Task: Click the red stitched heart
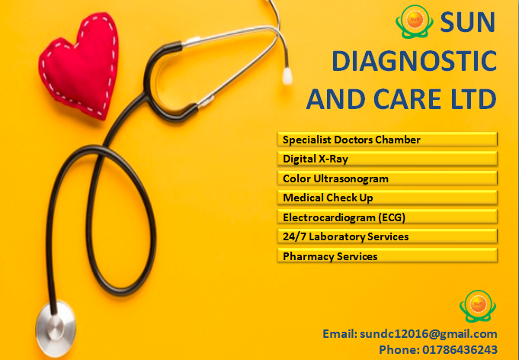(x=79, y=65)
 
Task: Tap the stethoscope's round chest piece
(x=56, y=328)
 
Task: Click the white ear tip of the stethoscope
(x=287, y=76)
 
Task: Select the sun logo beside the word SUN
(x=415, y=21)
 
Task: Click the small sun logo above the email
(x=478, y=306)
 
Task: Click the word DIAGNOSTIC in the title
(x=414, y=61)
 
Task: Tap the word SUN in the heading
(x=467, y=22)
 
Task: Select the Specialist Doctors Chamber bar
(x=387, y=139)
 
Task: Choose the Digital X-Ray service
(x=387, y=159)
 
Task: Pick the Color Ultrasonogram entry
(x=387, y=178)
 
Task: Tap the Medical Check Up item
(x=387, y=198)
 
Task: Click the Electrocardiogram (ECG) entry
(x=387, y=217)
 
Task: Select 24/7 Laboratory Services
(x=387, y=236)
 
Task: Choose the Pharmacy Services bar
(x=387, y=256)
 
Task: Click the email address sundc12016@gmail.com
(x=428, y=334)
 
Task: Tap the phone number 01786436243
(x=460, y=349)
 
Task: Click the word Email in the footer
(x=340, y=333)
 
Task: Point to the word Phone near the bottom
(x=399, y=349)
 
